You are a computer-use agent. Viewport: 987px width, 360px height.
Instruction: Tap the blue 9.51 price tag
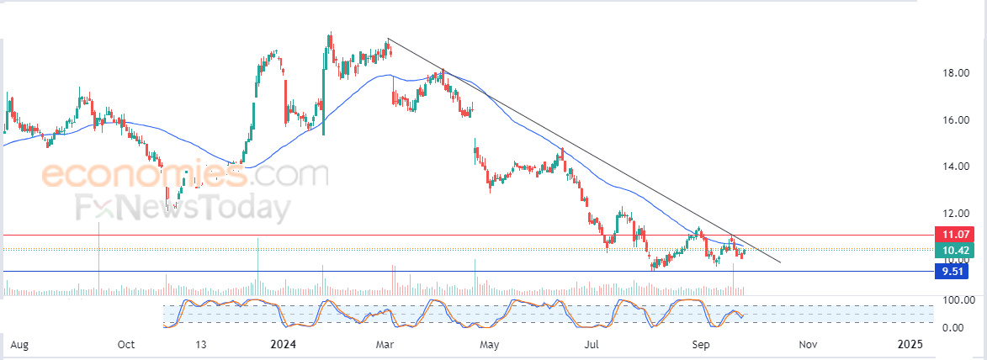954,271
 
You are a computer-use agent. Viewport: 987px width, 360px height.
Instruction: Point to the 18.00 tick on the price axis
957,73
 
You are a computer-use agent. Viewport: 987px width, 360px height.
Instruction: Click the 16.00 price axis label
957,120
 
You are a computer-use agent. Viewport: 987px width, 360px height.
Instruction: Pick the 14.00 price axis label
957,167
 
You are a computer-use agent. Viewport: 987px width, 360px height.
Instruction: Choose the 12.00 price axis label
957,213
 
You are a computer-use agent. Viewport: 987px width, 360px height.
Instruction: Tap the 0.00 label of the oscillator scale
953,327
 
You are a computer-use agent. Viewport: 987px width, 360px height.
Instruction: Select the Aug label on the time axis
20,345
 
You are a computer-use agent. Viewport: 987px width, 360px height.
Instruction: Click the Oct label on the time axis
126,345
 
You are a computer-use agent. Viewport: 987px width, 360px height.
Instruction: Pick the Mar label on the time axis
386,345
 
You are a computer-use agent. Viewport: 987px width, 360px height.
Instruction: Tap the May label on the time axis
489,345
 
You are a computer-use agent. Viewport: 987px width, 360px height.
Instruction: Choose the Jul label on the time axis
592,345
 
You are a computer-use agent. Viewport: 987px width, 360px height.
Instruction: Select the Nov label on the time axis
808,345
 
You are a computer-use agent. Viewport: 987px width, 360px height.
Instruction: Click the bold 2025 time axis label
910,345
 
